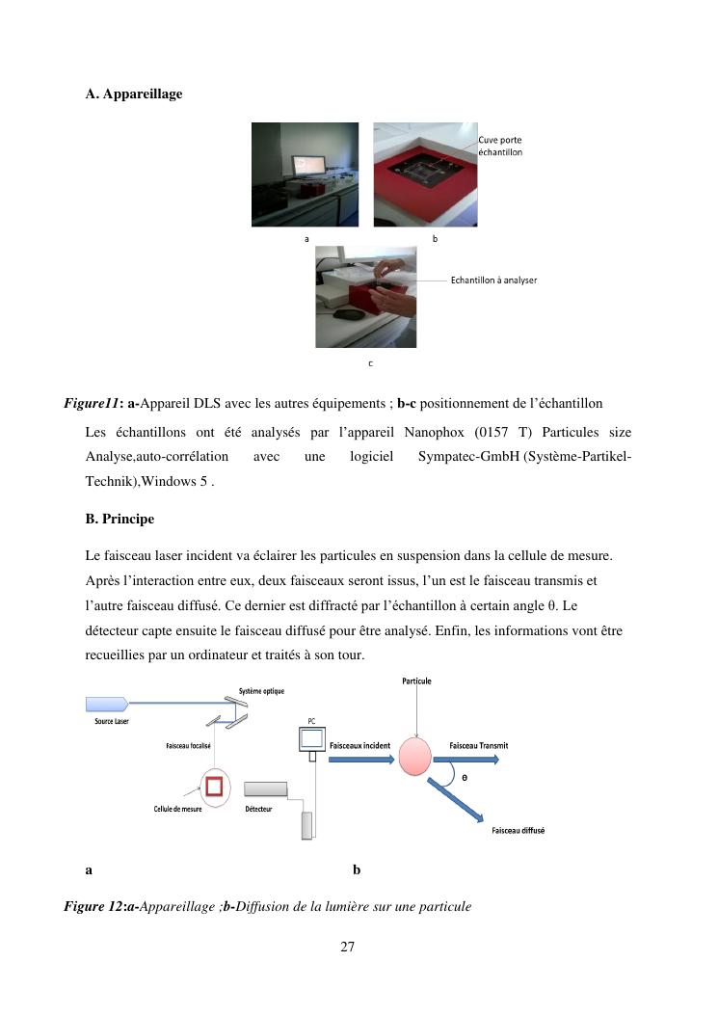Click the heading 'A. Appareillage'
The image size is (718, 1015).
click(133, 93)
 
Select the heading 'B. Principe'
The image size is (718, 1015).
click(120, 519)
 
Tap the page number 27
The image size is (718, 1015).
click(348, 947)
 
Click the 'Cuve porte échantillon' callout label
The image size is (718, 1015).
click(500, 147)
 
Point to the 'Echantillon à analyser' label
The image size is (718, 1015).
click(493, 280)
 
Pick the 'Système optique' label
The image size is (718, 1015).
click(261, 691)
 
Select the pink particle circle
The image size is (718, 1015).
click(416, 757)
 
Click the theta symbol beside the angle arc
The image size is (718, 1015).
click(465, 777)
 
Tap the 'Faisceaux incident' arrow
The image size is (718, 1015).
click(361, 759)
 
